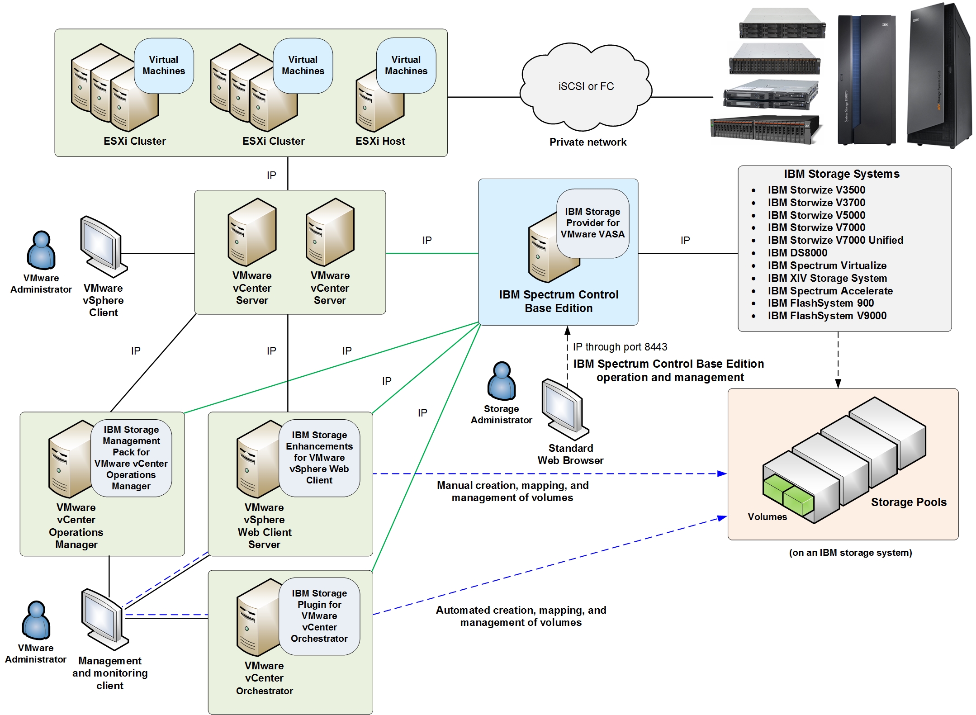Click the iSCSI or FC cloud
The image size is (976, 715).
[586, 86]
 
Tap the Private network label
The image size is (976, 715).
[587, 142]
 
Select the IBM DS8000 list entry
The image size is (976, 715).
[797, 253]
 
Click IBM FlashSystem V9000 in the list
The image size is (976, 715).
[827, 316]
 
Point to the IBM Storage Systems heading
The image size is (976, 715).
[841, 174]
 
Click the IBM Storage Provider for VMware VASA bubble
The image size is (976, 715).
[592, 223]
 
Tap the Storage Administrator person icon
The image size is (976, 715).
[501, 381]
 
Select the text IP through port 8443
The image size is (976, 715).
[620, 347]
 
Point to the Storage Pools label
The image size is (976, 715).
[908, 502]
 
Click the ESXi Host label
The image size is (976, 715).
[380, 141]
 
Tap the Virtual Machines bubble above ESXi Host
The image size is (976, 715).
[406, 66]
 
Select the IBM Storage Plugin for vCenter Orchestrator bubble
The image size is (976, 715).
[319, 616]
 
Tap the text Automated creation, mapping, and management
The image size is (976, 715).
[521, 616]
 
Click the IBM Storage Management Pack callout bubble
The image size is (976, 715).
[131, 458]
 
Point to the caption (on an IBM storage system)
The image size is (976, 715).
[850, 553]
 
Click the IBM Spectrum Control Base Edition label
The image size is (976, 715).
[558, 301]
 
